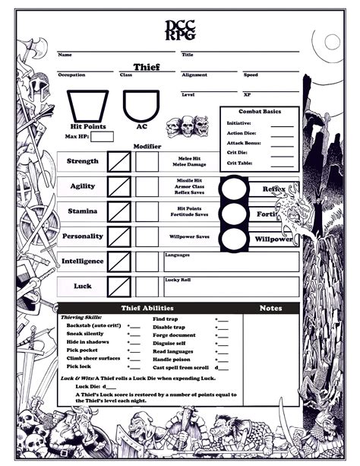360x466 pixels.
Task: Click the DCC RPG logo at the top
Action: click(x=180, y=30)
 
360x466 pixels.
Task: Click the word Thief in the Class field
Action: click(x=147, y=68)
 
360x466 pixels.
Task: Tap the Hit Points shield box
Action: click(x=88, y=106)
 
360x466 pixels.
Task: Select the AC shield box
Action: click(x=141, y=106)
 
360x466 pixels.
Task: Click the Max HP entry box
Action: click(x=102, y=137)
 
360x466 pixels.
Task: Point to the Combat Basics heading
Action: click(x=259, y=111)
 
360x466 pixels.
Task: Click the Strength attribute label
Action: click(x=83, y=162)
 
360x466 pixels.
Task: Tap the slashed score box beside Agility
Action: click(x=119, y=187)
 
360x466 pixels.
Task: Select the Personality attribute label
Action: click(x=83, y=236)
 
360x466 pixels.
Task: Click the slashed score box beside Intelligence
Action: click(x=119, y=262)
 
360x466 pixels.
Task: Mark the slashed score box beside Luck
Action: click(x=119, y=287)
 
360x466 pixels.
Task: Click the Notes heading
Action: click(x=271, y=308)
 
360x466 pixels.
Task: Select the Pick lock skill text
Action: click(x=81, y=366)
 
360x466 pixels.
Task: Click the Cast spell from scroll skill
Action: click(x=180, y=366)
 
